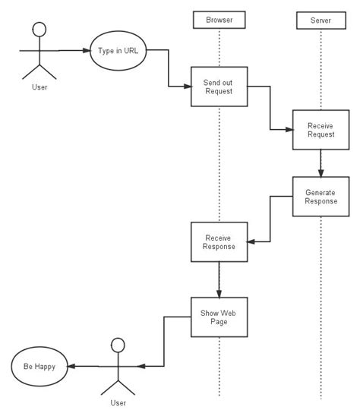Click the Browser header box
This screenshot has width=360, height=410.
(x=219, y=19)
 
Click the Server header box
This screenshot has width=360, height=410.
(x=320, y=19)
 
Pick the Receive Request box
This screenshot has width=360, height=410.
(x=320, y=129)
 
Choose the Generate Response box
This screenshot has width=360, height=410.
(x=320, y=197)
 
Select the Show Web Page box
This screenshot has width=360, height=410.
(x=219, y=316)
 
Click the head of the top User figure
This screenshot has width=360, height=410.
(x=38, y=30)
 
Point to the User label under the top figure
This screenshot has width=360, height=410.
(x=38, y=87)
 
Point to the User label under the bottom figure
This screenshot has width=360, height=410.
(x=118, y=402)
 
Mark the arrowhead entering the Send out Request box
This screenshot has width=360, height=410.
(x=187, y=86)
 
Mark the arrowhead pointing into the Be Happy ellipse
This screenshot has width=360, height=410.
(x=71, y=366)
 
